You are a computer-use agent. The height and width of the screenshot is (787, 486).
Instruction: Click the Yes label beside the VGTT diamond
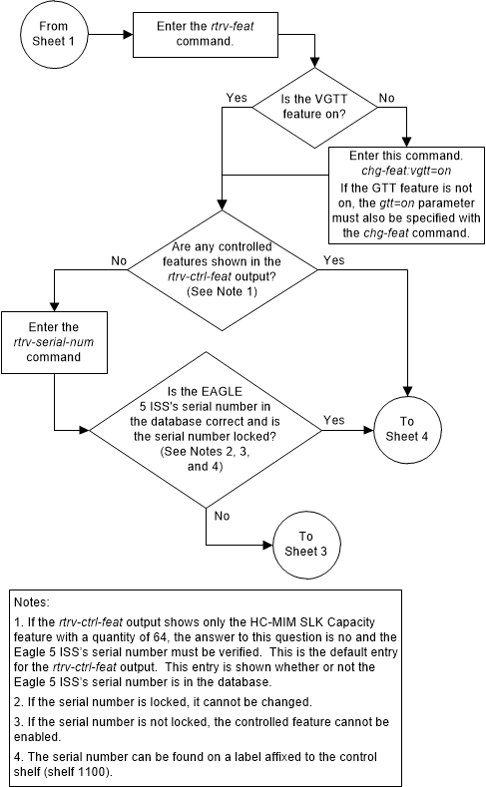[x=238, y=99]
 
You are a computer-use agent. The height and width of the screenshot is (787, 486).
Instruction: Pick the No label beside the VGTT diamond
[x=388, y=99]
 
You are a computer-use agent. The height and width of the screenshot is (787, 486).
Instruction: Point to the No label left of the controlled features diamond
[x=119, y=260]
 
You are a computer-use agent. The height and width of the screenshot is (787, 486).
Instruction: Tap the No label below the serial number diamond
[x=222, y=516]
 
